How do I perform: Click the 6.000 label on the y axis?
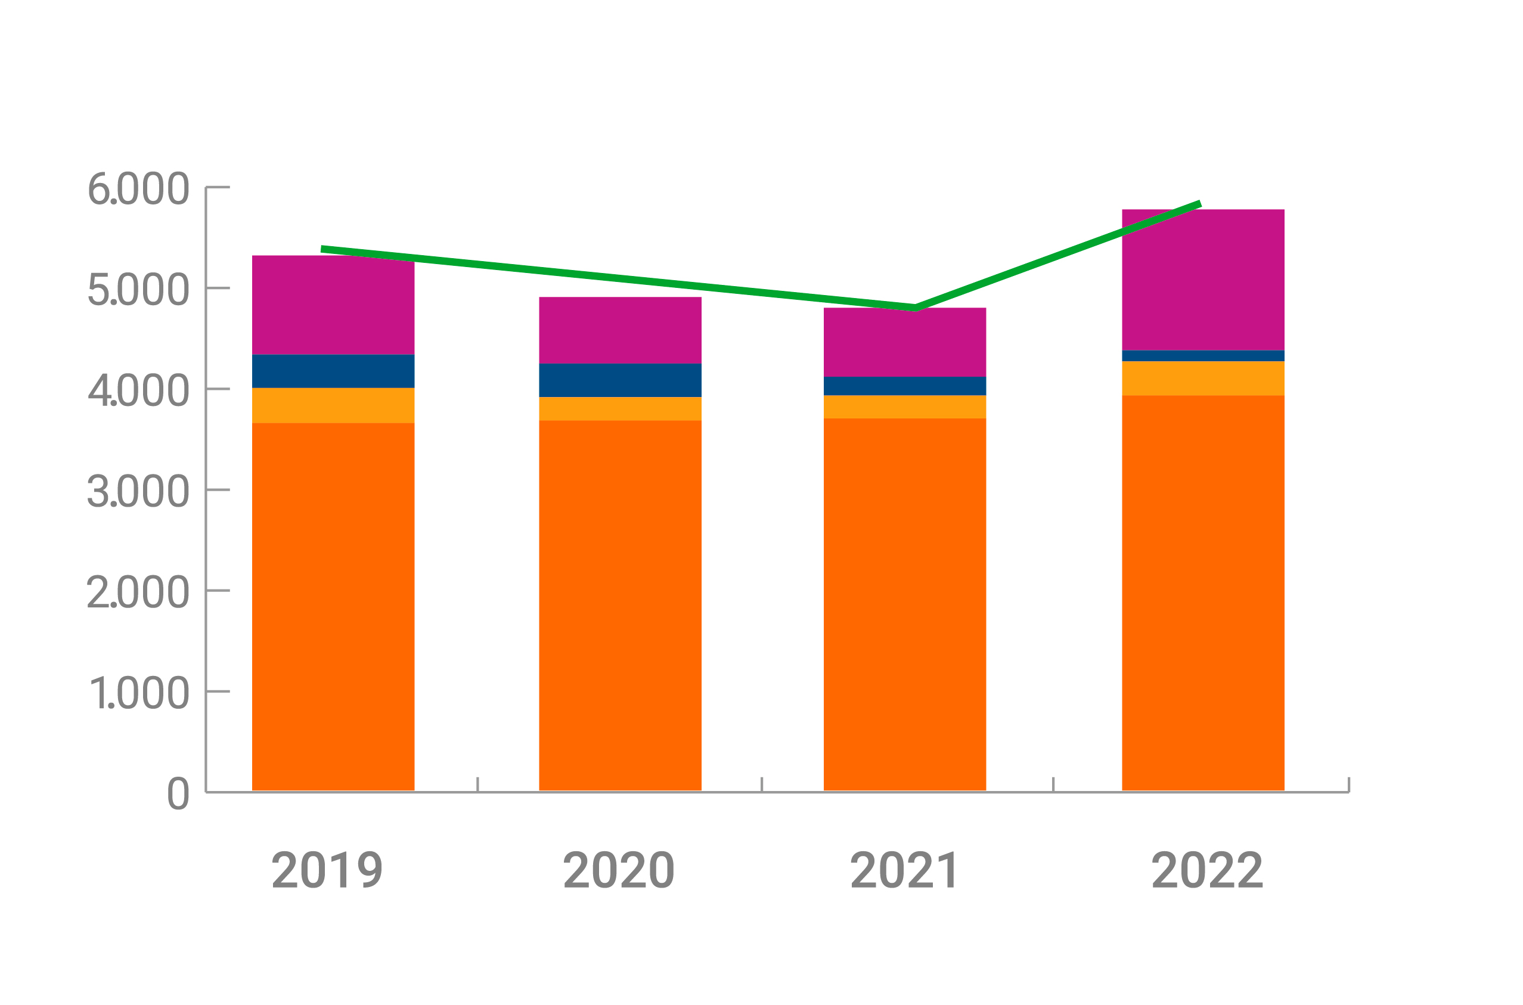(x=138, y=188)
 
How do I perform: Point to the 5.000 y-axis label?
(x=138, y=289)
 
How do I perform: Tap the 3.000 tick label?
(x=138, y=491)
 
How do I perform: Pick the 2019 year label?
(x=327, y=870)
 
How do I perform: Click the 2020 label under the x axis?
(x=619, y=870)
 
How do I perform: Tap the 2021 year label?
(x=904, y=870)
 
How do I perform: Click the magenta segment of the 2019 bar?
(x=333, y=308)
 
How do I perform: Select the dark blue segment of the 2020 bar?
(x=620, y=380)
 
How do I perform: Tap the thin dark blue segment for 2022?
(x=1203, y=356)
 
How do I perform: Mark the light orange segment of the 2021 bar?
(x=904, y=407)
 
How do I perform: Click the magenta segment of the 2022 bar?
(x=1203, y=289)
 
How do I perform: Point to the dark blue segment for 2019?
(x=333, y=371)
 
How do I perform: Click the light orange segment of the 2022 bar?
(x=1203, y=379)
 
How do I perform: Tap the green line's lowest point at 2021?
(x=916, y=308)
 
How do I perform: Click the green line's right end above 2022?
(x=1199, y=204)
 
